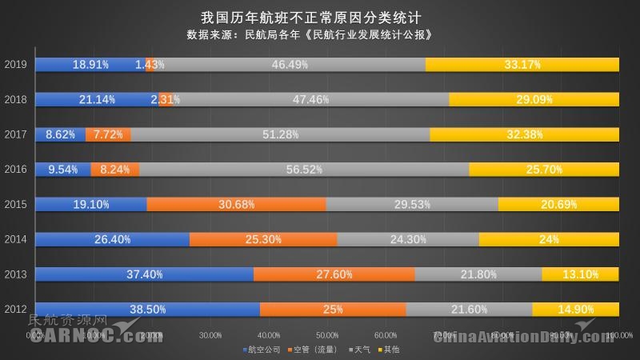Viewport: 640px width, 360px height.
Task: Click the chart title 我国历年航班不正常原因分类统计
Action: [x=320, y=16]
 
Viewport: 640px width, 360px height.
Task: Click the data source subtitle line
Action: [x=320, y=34]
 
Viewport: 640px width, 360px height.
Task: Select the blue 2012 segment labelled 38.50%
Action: [x=148, y=309]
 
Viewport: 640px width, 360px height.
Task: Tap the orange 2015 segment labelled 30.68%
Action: [x=236, y=204]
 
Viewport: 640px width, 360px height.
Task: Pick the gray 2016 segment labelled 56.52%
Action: [x=304, y=169]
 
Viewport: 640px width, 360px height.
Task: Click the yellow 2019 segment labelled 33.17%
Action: [x=522, y=64]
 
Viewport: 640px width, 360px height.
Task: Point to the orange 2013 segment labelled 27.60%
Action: [x=334, y=274]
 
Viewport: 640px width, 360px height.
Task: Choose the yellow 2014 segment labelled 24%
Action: [x=549, y=238]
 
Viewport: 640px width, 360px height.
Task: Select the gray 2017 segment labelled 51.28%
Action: [x=280, y=134]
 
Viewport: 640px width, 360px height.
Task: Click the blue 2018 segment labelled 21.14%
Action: [x=98, y=99]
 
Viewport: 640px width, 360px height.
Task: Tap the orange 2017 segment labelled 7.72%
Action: [x=108, y=134]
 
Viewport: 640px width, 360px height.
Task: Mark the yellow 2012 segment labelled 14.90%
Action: [x=575, y=309]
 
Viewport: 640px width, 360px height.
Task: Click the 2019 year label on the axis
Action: [x=15, y=64]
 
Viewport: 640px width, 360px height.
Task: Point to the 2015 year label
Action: [x=15, y=204]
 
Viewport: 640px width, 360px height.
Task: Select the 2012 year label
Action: [x=15, y=309]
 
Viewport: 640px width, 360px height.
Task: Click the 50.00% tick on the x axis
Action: [x=327, y=335]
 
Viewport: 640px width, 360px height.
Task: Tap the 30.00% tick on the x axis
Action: [x=210, y=335]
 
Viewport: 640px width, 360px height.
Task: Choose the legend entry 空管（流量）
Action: [x=314, y=350]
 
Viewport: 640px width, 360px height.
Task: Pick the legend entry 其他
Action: [x=390, y=350]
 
